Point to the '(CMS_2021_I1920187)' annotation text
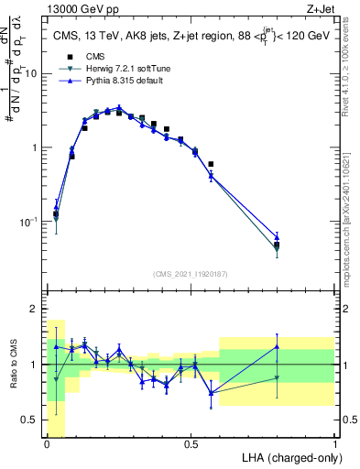[x=191, y=273]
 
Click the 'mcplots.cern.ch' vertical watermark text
[x=347, y=229]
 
